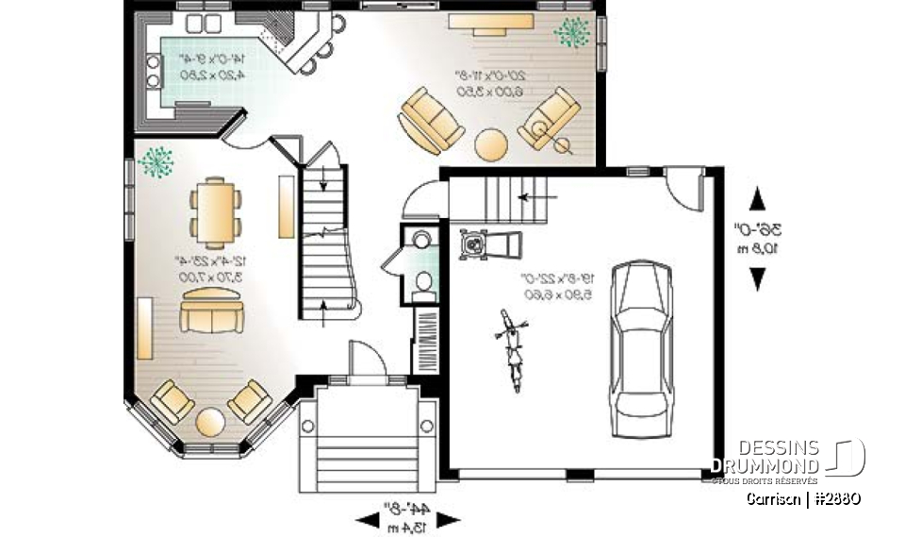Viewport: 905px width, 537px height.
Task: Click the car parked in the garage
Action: (642, 349)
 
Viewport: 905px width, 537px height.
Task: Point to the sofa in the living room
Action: (214, 310)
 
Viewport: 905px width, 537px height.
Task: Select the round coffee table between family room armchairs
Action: (491, 144)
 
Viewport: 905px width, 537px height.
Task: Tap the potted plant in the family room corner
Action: (571, 33)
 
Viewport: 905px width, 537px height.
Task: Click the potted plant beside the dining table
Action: (156, 161)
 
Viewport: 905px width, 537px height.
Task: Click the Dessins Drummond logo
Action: (787, 458)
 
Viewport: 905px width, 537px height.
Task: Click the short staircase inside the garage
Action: (509, 199)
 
